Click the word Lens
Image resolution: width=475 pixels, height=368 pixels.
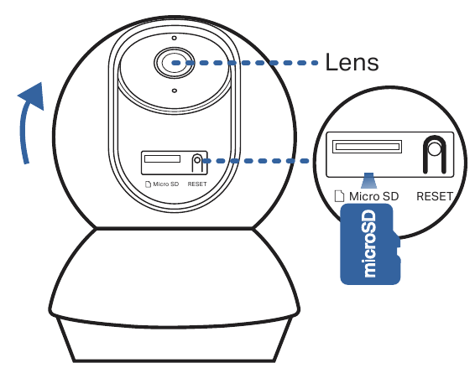click(352, 61)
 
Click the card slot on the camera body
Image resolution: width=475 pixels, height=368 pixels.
click(162, 158)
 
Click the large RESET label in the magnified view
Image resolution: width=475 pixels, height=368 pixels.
click(433, 196)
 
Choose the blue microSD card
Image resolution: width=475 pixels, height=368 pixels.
click(369, 245)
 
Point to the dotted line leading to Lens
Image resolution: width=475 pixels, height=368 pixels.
click(252, 61)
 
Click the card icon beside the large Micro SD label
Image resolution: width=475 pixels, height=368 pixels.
click(339, 196)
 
